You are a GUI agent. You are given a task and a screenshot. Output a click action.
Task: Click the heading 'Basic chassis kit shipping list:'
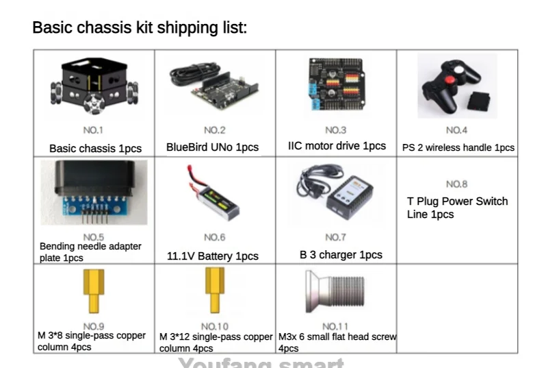[x=140, y=28]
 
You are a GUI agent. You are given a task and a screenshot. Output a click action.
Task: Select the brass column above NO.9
[x=93, y=291]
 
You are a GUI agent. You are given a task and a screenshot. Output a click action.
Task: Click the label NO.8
[x=456, y=184]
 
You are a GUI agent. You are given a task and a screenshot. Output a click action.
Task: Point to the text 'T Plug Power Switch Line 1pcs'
[x=457, y=208]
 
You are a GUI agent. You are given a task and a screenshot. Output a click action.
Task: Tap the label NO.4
[x=456, y=130]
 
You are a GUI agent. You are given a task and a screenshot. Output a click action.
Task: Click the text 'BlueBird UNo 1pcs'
[x=212, y=147]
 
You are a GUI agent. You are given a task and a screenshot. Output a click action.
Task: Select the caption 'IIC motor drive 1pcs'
[x=337, y=146]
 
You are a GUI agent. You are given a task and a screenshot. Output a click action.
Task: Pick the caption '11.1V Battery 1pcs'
[x=213, y=256]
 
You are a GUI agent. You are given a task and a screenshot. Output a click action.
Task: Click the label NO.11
[x=335, y=326]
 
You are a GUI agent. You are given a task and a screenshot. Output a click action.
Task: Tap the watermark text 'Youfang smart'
[x=261, y=363]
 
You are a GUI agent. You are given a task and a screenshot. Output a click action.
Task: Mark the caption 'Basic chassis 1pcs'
[x=95, y=148]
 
